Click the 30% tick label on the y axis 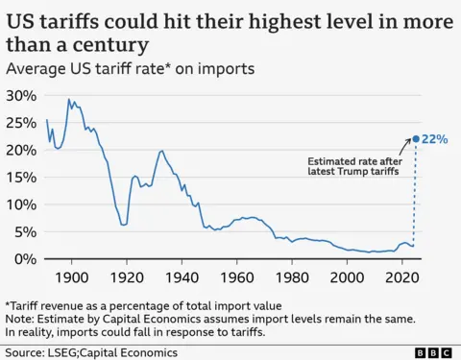(x=21, y=96)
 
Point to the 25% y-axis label (x=21, y=123)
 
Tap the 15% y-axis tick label (x=21, y=178)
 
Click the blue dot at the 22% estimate (x=415, y=139)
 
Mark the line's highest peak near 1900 (x=68, y=99)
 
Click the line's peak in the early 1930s (x=161, y=151)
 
